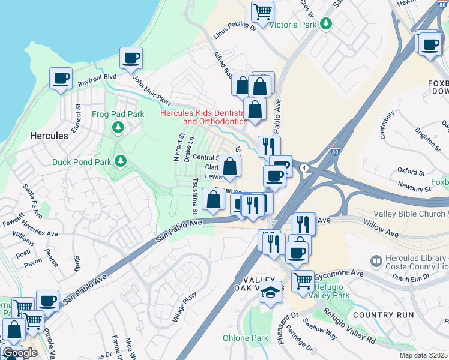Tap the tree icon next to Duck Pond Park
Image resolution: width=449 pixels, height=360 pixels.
[121, 161]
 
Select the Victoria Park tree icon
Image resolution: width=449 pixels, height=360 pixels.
[326, 23]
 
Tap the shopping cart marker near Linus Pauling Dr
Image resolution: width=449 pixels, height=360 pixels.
[262, 11]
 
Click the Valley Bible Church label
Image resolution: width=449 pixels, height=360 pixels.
[411, 214]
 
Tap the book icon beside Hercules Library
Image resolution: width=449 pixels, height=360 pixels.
[376, 261]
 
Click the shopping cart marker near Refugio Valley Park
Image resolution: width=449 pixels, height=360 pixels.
[303, 280]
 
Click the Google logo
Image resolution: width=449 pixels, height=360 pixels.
[20, 353]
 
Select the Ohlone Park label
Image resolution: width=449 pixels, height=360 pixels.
[246, 338]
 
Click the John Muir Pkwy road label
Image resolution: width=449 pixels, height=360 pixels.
[152, 92]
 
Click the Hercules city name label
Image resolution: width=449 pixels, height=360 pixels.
[49, 136]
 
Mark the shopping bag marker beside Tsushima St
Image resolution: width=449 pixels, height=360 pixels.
[214, 199]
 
